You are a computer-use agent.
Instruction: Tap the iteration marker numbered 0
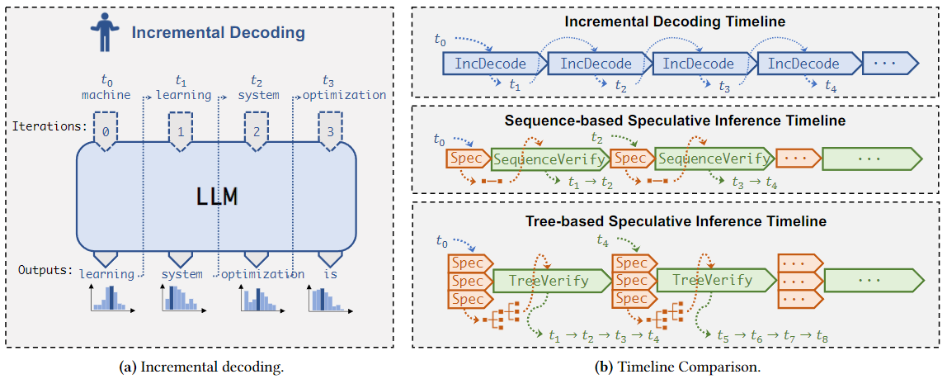point(106,132)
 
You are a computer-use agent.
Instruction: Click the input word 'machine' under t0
point(106,95)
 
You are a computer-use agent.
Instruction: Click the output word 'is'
point(330,274)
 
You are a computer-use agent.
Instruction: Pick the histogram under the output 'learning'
point(111,300)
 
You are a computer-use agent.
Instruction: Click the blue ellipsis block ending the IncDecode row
point(889,64)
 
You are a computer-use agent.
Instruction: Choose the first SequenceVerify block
point(549,158)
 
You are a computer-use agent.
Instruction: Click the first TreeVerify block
point(551,281)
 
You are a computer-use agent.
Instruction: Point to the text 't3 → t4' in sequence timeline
point(754,184)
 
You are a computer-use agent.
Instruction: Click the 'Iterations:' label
point(49,127)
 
